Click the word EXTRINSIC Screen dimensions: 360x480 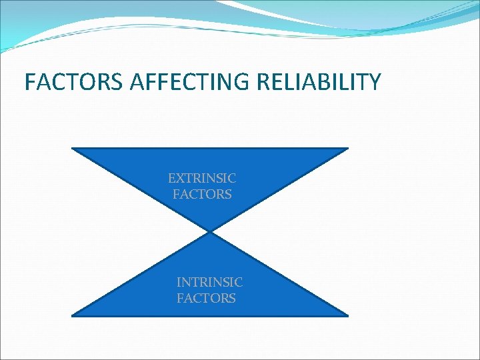click(x=202, y=179)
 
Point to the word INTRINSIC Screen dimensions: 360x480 click(x=209, y=283)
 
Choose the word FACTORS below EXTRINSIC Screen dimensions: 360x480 click(x=202, y=195)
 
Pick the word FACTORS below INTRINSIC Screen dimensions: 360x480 click(x=206, y=299)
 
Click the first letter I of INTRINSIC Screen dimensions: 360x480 click(x=179, y=283)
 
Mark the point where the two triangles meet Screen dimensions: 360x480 click(x=210, y=232)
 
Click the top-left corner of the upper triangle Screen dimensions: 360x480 click(x=72, y=148)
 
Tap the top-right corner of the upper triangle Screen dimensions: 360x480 click(x=348, y=148)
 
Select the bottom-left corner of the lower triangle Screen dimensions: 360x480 click(x=72, y=315)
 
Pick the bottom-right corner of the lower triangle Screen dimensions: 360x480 click(x=348, y=315)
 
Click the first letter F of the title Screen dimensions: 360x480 click(x=29, y=82)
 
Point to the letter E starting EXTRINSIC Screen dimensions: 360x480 click(x=172, y=179)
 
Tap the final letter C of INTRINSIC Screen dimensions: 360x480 click(x=239, y=283)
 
